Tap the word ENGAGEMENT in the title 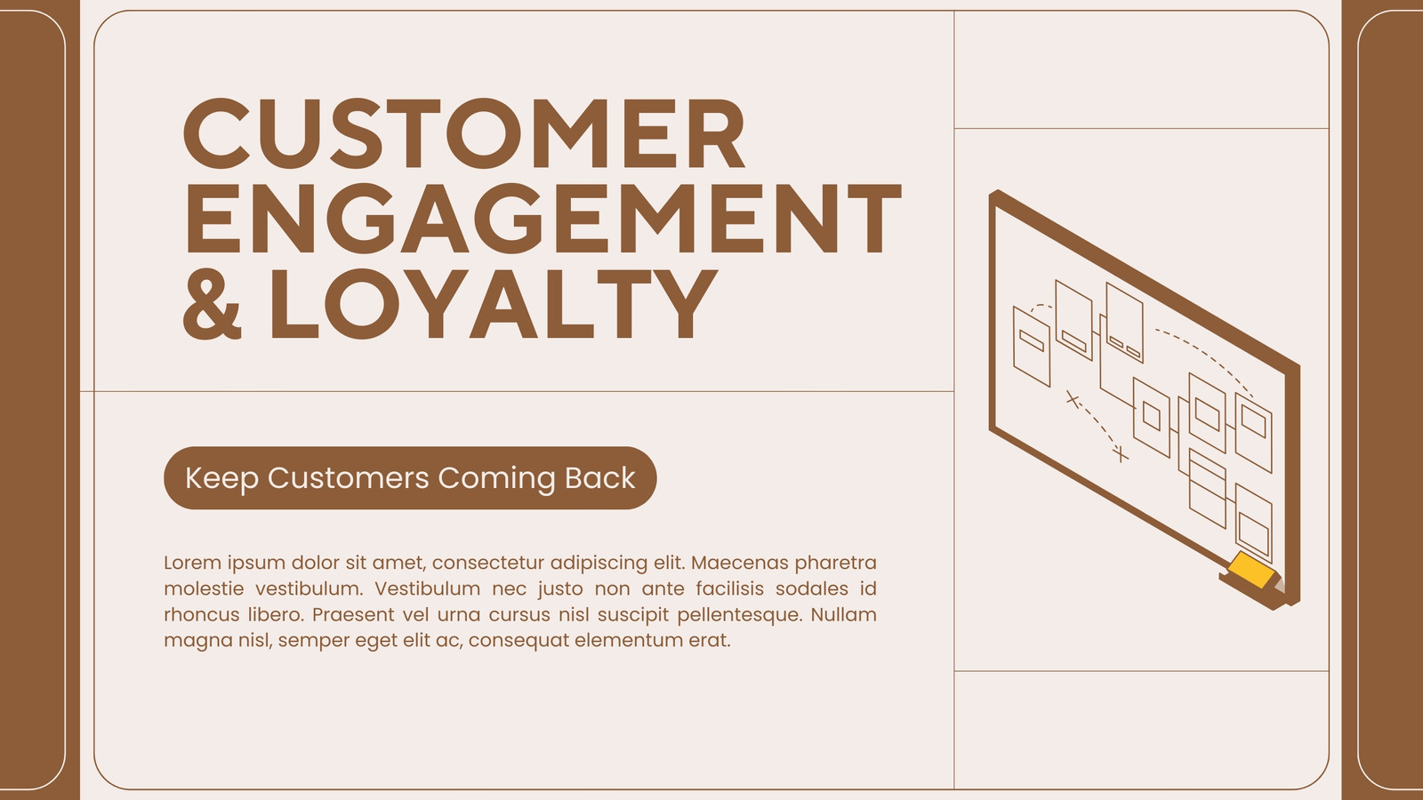pos(543,219)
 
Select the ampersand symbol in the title pos(213,303)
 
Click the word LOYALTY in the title pos(494,303)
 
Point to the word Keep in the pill pos(221,479)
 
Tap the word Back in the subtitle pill pos(600,477)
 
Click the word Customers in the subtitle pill pos(348,478)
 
